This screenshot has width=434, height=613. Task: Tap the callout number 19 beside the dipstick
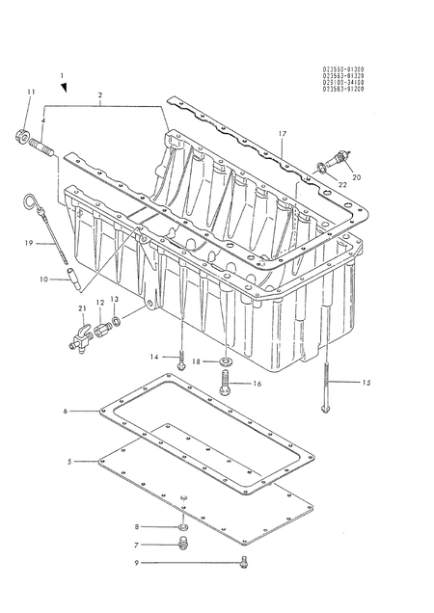(x=29, y=245)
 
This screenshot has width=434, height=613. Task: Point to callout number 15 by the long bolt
(x=365, y=383)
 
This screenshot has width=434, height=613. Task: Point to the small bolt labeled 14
(x=181, y=360)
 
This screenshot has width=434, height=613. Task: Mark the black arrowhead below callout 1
(x=64, y=88)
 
